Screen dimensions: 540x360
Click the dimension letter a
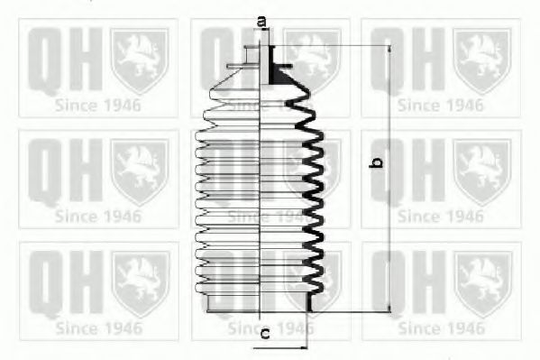261,22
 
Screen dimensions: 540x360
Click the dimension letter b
376,162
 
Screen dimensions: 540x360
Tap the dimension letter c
265,334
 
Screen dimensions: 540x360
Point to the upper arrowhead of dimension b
389,49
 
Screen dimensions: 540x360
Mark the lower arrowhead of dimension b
389,309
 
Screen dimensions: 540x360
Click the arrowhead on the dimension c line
303,348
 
